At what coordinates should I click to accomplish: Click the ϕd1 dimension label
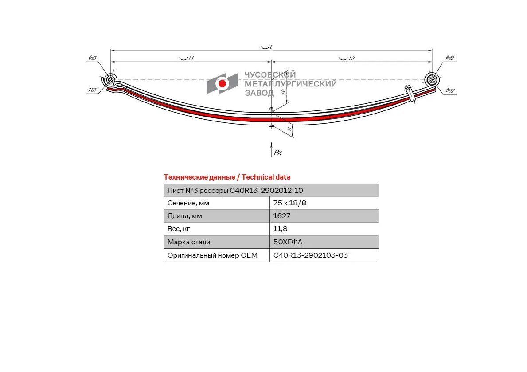[x=93, y=58]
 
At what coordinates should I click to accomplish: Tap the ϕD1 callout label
[x=92, y=90]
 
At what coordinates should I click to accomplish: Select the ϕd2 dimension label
[x=450, y=58]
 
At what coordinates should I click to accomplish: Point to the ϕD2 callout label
[x=450, y=90]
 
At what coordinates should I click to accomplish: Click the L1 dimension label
[x=191, y=58]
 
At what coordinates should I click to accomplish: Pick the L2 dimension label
[x=351, y=58]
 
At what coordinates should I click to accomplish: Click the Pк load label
[x=277, y=153]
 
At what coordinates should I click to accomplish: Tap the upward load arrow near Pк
[x=272, y=150]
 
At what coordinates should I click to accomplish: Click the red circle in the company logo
[x=222, y=83]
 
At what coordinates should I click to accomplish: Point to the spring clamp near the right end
[x=410, y=93]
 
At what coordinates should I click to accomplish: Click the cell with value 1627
[x=324, y=215]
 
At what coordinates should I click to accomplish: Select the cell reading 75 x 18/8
[x=324, y=203]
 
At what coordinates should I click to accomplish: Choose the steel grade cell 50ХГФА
[x=324, y=242]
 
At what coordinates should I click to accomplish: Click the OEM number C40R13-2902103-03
[x=311, y=255]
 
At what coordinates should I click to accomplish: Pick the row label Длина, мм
[x=184, y=216]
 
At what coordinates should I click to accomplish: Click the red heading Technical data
[x=265, y=177]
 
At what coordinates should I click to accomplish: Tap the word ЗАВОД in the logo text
[x=259, y=93]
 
